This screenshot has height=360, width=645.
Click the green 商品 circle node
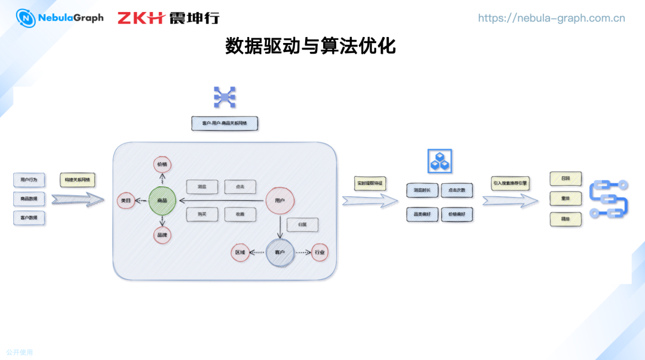tap(162, 201)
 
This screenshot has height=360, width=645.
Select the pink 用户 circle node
tap(279, 201)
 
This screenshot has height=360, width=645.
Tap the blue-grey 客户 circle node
tap(279, 253)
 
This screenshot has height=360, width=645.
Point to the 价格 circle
tap(162, 164)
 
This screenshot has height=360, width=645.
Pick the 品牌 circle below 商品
tap(162, 235)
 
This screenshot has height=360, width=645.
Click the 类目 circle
tap(125, 201)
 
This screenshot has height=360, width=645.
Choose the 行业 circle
tap(320, 253)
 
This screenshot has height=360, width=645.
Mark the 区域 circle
tap(240, 253)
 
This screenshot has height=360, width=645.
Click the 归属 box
tap(302, 224)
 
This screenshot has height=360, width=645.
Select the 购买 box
tap(202, 214)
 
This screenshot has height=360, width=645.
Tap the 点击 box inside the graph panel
tap(240, 187)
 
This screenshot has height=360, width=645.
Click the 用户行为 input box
tap(29, 180)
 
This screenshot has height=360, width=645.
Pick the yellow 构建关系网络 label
tap(77, 180)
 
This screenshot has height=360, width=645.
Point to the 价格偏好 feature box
tap(457, 214)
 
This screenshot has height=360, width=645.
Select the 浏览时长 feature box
tap(422, 190)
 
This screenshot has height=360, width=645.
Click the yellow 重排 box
tap(565, 199)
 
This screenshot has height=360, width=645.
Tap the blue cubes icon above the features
tap(440, 161)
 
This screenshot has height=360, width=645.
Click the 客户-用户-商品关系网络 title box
tap(225, 124)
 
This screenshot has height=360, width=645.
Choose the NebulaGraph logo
tap(60, 18)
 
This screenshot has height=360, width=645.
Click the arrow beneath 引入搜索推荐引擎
tap(510, 201)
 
